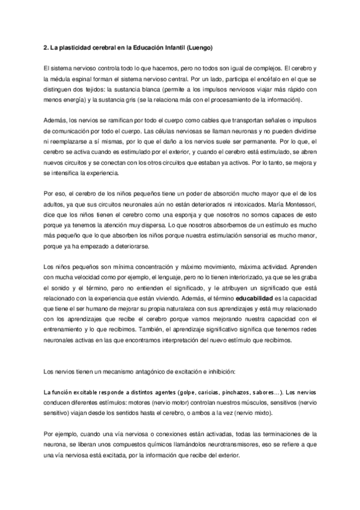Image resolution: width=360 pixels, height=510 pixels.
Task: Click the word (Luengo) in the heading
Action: [x=199, y=46]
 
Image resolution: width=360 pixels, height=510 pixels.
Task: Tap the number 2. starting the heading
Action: [x=47, y=46]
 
